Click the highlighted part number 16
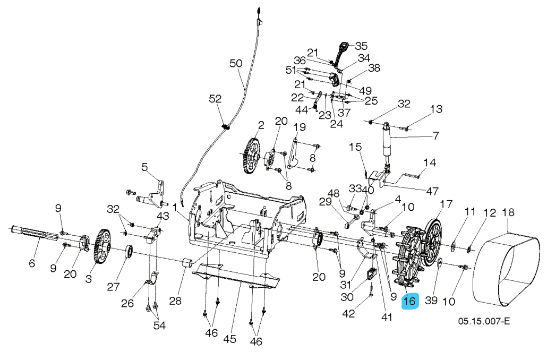tap(411, 302)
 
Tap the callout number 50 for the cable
tap(236, 63)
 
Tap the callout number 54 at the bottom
tap(159, 325)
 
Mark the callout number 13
tap(435, 109)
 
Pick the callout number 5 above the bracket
tap(144, 167)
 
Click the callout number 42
tap(348, 313)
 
